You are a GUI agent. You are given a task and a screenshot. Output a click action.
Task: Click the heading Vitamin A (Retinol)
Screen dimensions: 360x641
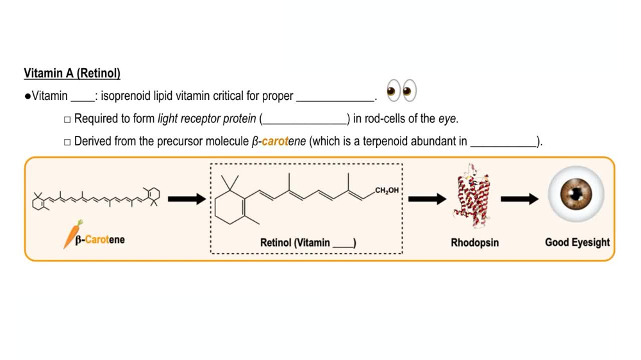pos(72,73)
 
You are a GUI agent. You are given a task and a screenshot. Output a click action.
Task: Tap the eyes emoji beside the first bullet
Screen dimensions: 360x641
pos(401,91)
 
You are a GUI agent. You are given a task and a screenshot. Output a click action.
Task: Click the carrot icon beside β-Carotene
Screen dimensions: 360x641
pos(72,234)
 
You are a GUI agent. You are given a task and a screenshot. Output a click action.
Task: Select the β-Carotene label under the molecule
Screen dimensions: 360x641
pos(100,240)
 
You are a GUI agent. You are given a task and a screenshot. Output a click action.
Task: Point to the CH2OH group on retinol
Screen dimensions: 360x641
pos(387,190)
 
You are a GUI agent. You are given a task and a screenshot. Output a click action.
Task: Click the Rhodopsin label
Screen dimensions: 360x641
pos(474,243)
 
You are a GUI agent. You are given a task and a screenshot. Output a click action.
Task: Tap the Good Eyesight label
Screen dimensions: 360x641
pos(577,242)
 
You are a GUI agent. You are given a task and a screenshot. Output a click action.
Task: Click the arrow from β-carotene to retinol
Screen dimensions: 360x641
pos(186,199)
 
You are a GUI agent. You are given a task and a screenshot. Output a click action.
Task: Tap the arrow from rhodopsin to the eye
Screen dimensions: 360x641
pos(520,199)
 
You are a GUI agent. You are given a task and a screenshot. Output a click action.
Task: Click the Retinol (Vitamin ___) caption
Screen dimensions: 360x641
pos(308,243)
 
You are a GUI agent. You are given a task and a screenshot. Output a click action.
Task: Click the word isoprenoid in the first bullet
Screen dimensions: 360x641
pos(124,96)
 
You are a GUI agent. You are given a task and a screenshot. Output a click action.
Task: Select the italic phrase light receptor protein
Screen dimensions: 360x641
pos(206,119)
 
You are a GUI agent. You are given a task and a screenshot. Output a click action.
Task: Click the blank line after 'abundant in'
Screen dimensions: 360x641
pos(503,142)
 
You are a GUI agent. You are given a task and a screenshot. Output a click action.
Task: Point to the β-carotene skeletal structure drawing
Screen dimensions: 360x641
pos(96,199)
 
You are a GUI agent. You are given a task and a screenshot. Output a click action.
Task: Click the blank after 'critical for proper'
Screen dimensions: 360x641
pos(335,97)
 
